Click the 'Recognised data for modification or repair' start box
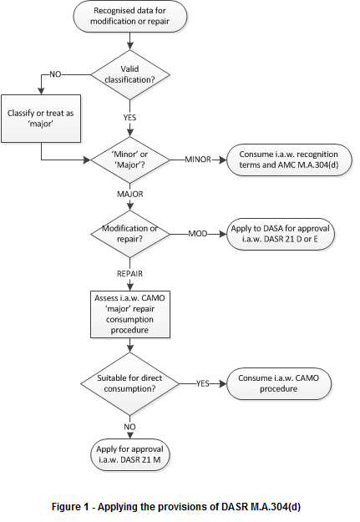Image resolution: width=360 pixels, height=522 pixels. coord(129,16)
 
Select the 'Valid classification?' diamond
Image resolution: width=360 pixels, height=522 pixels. coord(129,74)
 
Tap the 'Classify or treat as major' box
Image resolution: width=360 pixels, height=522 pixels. coord(41,119)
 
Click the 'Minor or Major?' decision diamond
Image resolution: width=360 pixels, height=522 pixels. coord(129,160)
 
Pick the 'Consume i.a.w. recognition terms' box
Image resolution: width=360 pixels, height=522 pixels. coord(289,160)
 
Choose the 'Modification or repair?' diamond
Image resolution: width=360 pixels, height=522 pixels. coord(129,234)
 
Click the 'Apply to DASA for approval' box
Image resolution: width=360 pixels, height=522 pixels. coord(280,234)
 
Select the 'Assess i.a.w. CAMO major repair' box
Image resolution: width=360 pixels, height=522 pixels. coord(130,314)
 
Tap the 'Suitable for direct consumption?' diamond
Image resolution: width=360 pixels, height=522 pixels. coord(129,383)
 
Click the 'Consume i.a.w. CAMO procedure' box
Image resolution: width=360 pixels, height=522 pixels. coord(279,383)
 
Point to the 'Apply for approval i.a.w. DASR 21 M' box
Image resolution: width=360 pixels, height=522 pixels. coord(129,454)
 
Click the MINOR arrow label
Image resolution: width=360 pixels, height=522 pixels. coord(198,160)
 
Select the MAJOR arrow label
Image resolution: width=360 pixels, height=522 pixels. coord(129,194)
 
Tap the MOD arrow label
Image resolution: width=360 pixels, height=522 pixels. coord(198,234)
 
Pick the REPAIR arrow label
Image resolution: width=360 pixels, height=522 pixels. coord(129,274)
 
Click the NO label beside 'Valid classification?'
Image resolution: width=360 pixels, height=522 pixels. coord(55,74)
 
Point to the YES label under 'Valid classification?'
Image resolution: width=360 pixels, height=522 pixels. coord(129,118)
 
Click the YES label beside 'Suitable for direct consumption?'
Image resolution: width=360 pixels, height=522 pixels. coord(202,383)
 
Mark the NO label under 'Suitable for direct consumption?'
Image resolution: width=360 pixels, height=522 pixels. coord(129,427)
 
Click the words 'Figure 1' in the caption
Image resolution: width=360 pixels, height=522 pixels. coord(70,507)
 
